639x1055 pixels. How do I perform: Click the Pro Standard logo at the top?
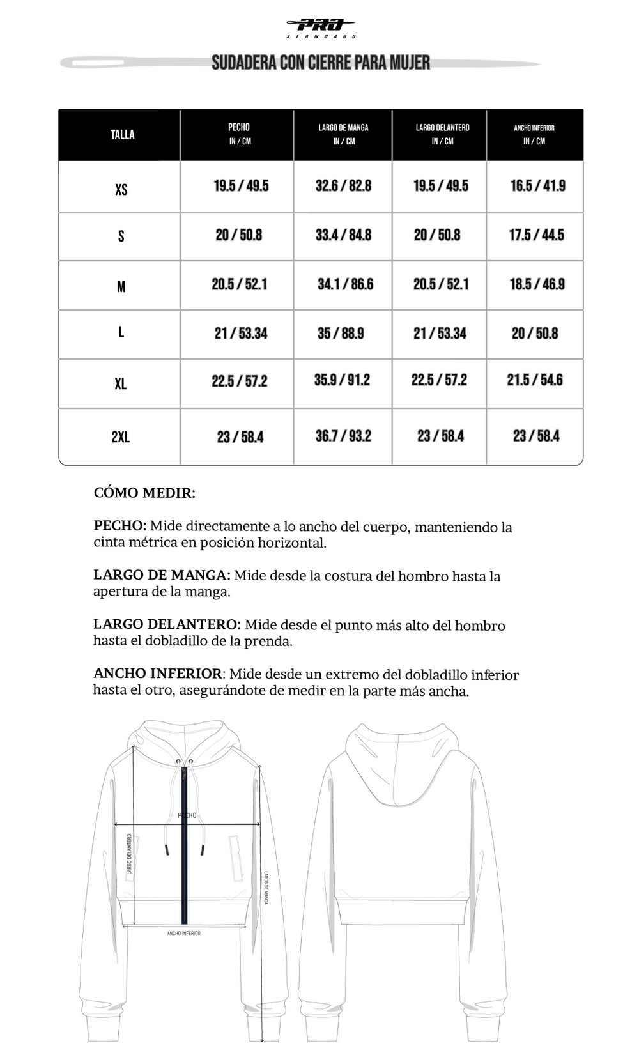pos(321,27)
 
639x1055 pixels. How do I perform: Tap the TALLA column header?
pos(122,134)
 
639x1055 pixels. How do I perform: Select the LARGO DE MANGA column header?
pos(343,134)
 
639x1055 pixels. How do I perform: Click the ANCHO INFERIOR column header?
pos(534,134)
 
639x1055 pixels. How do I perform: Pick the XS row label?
pos(121,190)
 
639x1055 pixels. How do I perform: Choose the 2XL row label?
pos(120,437)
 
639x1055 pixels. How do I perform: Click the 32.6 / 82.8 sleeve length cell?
pos(343,186)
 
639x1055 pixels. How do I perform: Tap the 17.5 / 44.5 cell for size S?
pos(536,235)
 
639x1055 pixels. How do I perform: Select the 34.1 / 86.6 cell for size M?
pos(345,284)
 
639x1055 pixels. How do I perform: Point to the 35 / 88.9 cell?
pos(341,334)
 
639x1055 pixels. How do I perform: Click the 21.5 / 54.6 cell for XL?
pos(535,380)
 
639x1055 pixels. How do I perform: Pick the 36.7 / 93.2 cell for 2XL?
pos(343,436)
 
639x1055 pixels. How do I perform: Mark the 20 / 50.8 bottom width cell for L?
pos(535,334)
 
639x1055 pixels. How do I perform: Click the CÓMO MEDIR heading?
pos(144,493)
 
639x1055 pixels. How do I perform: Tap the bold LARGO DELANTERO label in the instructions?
pos(166,624)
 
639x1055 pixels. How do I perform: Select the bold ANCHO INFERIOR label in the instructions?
pos(157,674)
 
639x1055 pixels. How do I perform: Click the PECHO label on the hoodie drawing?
pos(187,815)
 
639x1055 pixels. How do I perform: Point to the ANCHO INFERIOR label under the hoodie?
pos(184,934)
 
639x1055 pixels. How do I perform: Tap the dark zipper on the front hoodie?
pos(185,850)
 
